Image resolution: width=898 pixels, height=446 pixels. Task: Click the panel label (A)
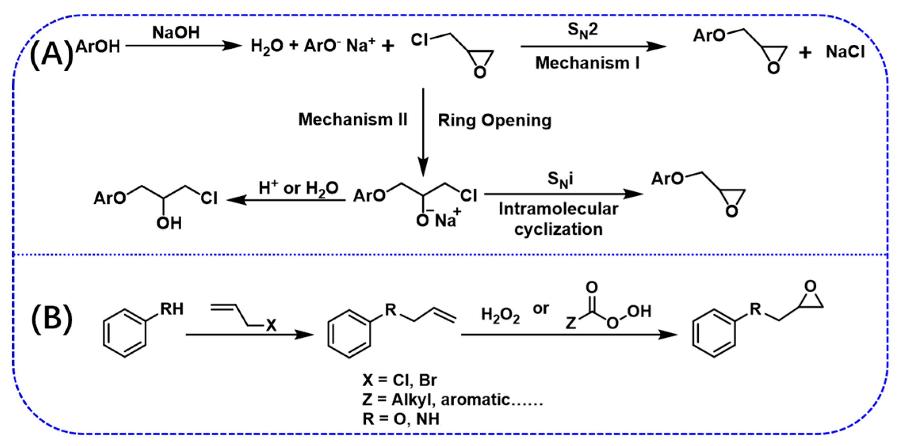[52, 54]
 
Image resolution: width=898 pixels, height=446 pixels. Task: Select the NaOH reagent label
[176, 32]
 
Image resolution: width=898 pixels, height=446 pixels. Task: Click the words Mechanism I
[587, 63]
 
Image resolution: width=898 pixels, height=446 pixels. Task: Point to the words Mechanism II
[353, 119]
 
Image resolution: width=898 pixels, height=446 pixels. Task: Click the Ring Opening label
[494, 120]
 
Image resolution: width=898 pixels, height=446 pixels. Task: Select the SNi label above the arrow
[560, 179]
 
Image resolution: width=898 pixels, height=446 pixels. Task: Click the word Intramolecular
[558, 209]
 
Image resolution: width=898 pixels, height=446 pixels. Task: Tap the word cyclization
[558, 229]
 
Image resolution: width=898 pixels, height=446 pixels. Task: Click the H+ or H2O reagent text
[298, 188]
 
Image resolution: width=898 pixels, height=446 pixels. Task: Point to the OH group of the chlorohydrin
[169, 223]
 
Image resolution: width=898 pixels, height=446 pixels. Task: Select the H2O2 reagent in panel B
[500, 315]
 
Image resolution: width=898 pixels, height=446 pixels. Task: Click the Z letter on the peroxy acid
[571, 323]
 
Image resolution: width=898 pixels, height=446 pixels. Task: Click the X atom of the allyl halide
[271, 325]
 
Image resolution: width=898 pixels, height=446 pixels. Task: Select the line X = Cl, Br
[399, 380]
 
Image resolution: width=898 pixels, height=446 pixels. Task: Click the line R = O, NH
[401, 419]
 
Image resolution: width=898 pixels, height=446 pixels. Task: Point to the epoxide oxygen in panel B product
[810, 286]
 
